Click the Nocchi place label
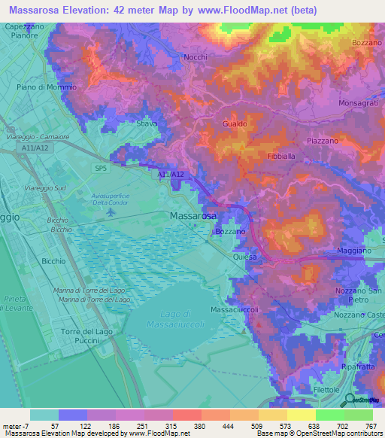click(x=196, y=57)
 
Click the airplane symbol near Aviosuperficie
click(x=111, y=211)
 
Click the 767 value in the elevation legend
click(x=371, y=426)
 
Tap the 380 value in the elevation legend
click(x=180, y=426)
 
